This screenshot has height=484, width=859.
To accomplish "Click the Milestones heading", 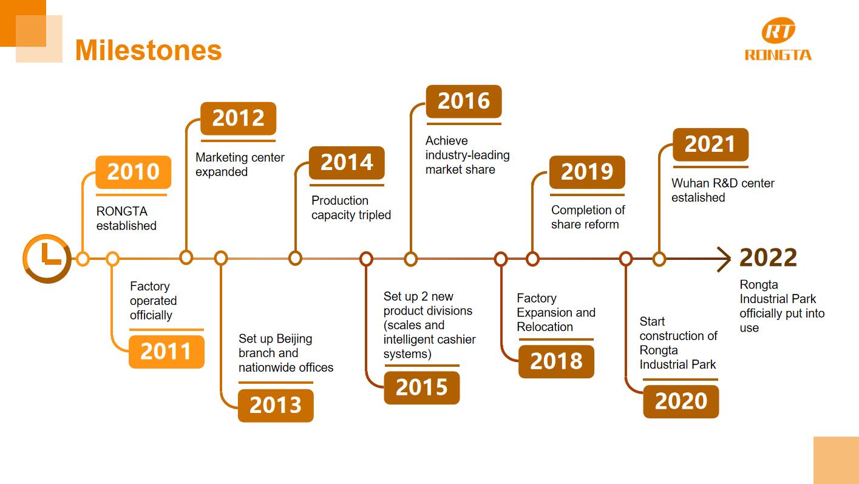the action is pyautogui.click(x=148, y=50).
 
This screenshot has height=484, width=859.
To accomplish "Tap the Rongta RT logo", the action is pyautogui.click(x=778, y=39).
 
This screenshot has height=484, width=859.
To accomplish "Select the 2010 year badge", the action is pyautogui.click(x=133, y=172).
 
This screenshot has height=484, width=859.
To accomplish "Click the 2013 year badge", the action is pyautogui.click(x=276, y=406).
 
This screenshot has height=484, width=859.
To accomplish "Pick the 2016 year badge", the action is pyautogui.click(x=464, y=101).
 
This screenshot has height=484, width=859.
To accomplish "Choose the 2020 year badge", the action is pyautogui.click(x=681, y=401).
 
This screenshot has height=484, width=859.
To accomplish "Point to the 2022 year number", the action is pyautogui.click(x=768, y=257).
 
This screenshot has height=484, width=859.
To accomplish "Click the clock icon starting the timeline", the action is pyautogui.click(x=47, y=258).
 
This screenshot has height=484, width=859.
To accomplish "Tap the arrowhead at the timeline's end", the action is pyautogui.click(x=724, y=259).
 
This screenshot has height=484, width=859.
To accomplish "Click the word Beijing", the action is pyautogui.click(x=294, y=339).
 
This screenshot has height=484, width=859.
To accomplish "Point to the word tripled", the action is pyautogui.click(x=370, y=215).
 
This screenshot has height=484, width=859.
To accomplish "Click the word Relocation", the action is pyautogui.click(x=545, y=327).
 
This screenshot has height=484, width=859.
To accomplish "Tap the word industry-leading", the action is pyautogui.click(x=467, y=155).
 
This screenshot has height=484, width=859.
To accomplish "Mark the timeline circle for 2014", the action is pyautogui.click(x=295, y=258).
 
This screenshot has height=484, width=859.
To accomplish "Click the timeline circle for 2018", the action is pyautogui.click(x=500, y=259).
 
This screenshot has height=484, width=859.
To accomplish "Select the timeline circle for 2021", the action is pyautogui.click(x=659, y=259).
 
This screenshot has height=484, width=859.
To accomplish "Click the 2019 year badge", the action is pyautogui.click(x=587, y=172).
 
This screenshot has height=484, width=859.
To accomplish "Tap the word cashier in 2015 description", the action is pyautogui.click(x=459, y=339).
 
